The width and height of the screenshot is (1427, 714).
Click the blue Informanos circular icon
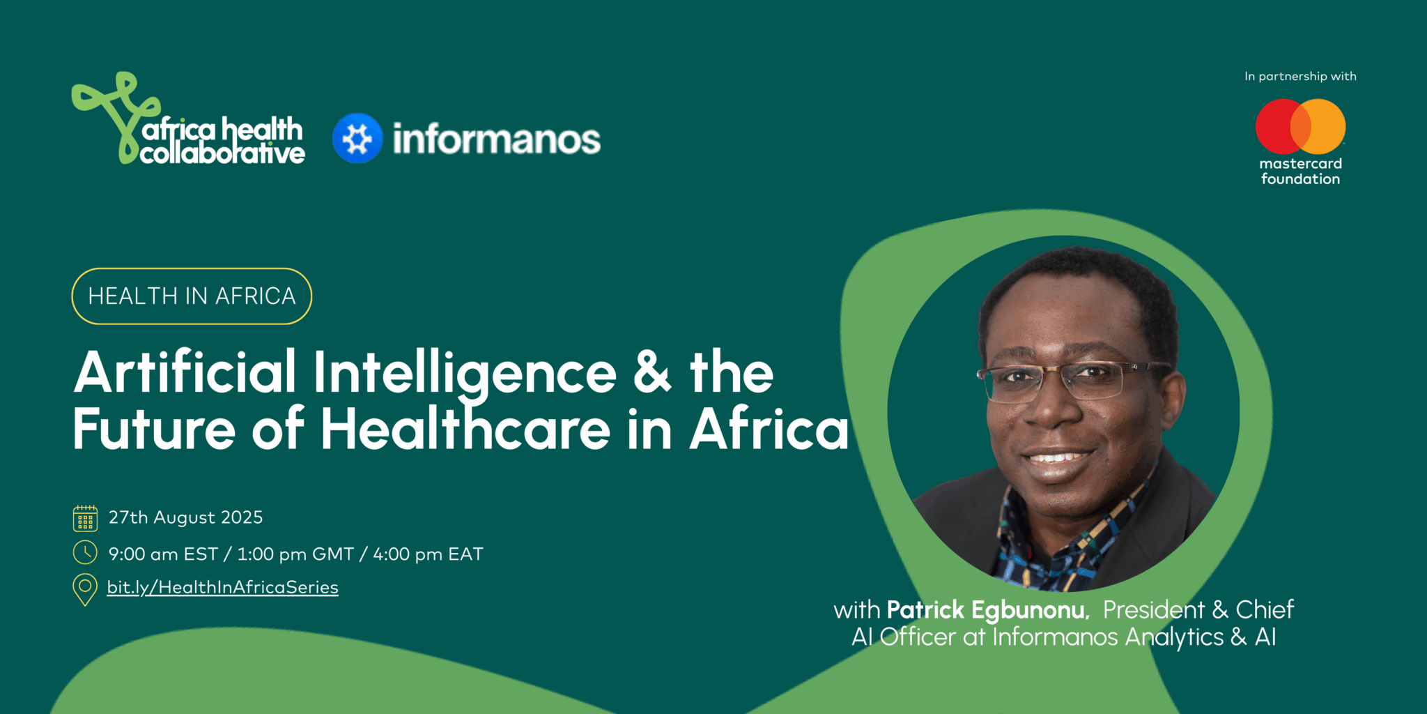(x=357, y=138)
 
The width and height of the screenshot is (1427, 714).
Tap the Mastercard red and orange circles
(x=1300, y=126)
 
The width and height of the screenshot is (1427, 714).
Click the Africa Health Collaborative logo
(x=188, y=119)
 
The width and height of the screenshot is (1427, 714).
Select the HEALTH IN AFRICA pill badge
(x=192, y=296)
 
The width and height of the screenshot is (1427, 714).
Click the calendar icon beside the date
(x=85, y=518)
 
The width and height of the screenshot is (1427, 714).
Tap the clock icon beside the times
(x=85, y=552)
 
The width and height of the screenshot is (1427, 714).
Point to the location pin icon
(x=85, y=589)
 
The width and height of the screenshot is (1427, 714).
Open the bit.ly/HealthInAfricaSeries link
(x=222, y=587)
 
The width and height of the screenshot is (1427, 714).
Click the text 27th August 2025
(x=185, y=517)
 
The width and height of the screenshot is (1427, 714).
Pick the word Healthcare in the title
(x=465, y=428)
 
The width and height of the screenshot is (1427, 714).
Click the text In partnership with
(x=1300, y=76)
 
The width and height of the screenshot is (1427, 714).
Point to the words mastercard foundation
(x=1300, y=172)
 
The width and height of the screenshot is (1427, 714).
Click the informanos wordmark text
(x=496, y=139)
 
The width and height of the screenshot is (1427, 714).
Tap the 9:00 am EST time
(x=163, y=554)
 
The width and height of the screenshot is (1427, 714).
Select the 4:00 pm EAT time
(x=428, y=554)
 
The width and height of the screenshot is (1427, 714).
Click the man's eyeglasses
(x=1073, y=380)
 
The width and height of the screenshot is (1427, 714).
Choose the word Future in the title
(x=154, y=428)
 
